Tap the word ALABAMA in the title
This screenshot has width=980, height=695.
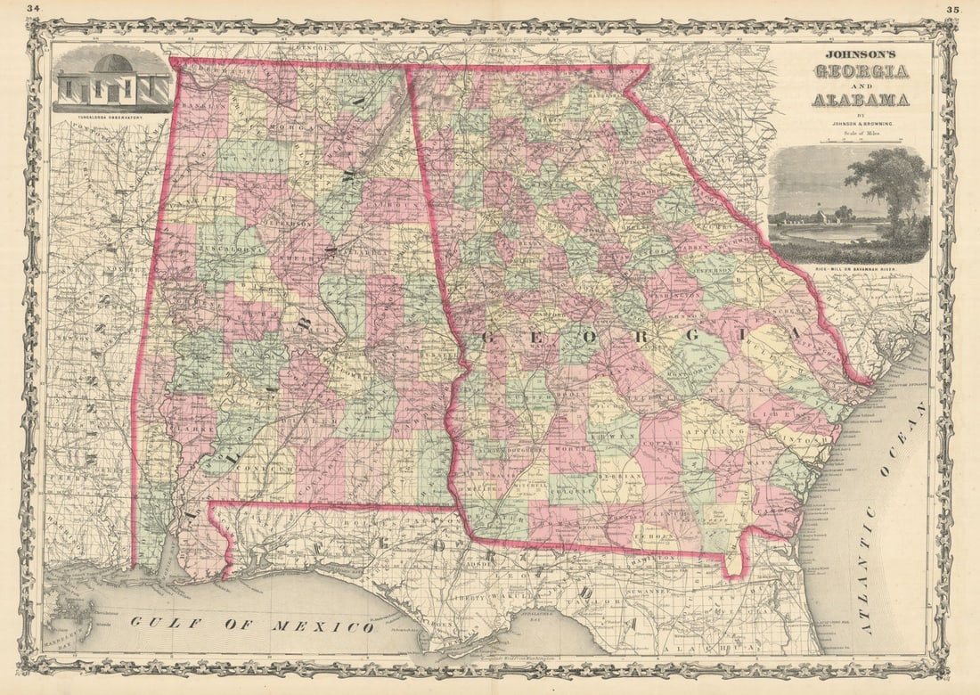(x=860, y=99)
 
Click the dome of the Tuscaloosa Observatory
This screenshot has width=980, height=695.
(x=113, y=64)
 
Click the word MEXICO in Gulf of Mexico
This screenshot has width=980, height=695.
(x=336, y=626)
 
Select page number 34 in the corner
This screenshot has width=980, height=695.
(x=34, y=9)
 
